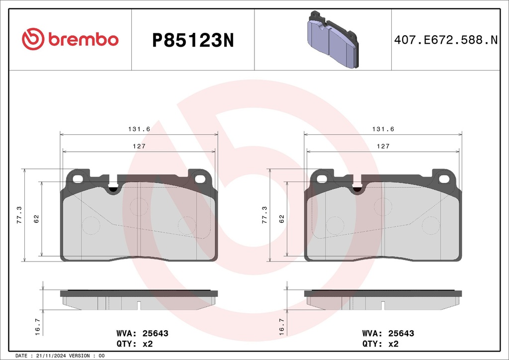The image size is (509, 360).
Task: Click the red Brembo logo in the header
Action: [70, 39]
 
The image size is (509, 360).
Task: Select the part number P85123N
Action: [193, 41]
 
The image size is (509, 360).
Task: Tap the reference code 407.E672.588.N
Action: [446, 40]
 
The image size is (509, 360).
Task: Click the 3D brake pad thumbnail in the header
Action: [333, 39]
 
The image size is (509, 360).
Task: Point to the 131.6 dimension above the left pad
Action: [139, 129]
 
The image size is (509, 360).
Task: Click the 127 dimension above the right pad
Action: [383, 146]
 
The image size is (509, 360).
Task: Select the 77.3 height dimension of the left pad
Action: [19, 215]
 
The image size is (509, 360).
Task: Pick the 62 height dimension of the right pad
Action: [281, 219]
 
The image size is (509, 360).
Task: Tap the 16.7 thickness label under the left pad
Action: [37, 327]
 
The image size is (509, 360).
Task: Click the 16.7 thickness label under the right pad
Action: [281, 327]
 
